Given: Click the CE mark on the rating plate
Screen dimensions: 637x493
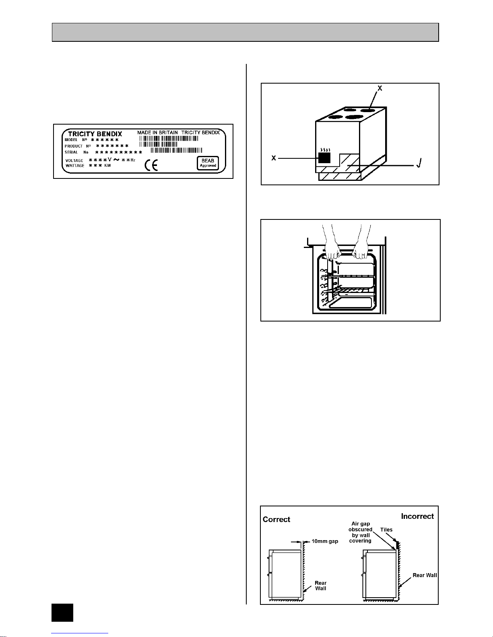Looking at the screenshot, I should pos(151,166).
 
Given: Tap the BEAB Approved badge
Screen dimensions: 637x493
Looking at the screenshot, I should pos(208,163).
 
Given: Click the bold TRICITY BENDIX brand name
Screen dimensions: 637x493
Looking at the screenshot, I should pos(95,134).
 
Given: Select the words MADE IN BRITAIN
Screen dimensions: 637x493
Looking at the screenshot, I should pos(157,132).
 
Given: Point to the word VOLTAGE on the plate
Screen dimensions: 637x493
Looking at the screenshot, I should pos(74,160).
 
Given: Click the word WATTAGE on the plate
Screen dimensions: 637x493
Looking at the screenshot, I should pos(75,166).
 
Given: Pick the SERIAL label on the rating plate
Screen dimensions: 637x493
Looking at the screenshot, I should pos(71,152).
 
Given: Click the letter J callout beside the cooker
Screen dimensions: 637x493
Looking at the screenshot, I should pos(419,164).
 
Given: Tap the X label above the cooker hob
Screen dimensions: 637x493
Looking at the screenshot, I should pos(380,88).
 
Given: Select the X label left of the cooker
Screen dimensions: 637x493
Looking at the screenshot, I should pos(274,158).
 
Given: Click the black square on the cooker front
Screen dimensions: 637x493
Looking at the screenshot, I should pos(324,158).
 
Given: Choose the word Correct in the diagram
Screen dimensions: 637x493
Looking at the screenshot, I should pos(276,519).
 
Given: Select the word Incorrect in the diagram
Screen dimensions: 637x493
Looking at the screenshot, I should pos(417,516).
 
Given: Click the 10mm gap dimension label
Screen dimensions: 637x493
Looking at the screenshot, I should pos(325,541).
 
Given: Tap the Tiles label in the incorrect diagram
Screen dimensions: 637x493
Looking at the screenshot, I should pos(386,530).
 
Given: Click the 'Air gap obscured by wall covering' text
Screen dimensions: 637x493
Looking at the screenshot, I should pos(360,532).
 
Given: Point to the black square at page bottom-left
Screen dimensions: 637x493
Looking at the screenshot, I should pos(62,612).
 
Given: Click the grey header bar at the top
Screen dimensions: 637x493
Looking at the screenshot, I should pos(245,32).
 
